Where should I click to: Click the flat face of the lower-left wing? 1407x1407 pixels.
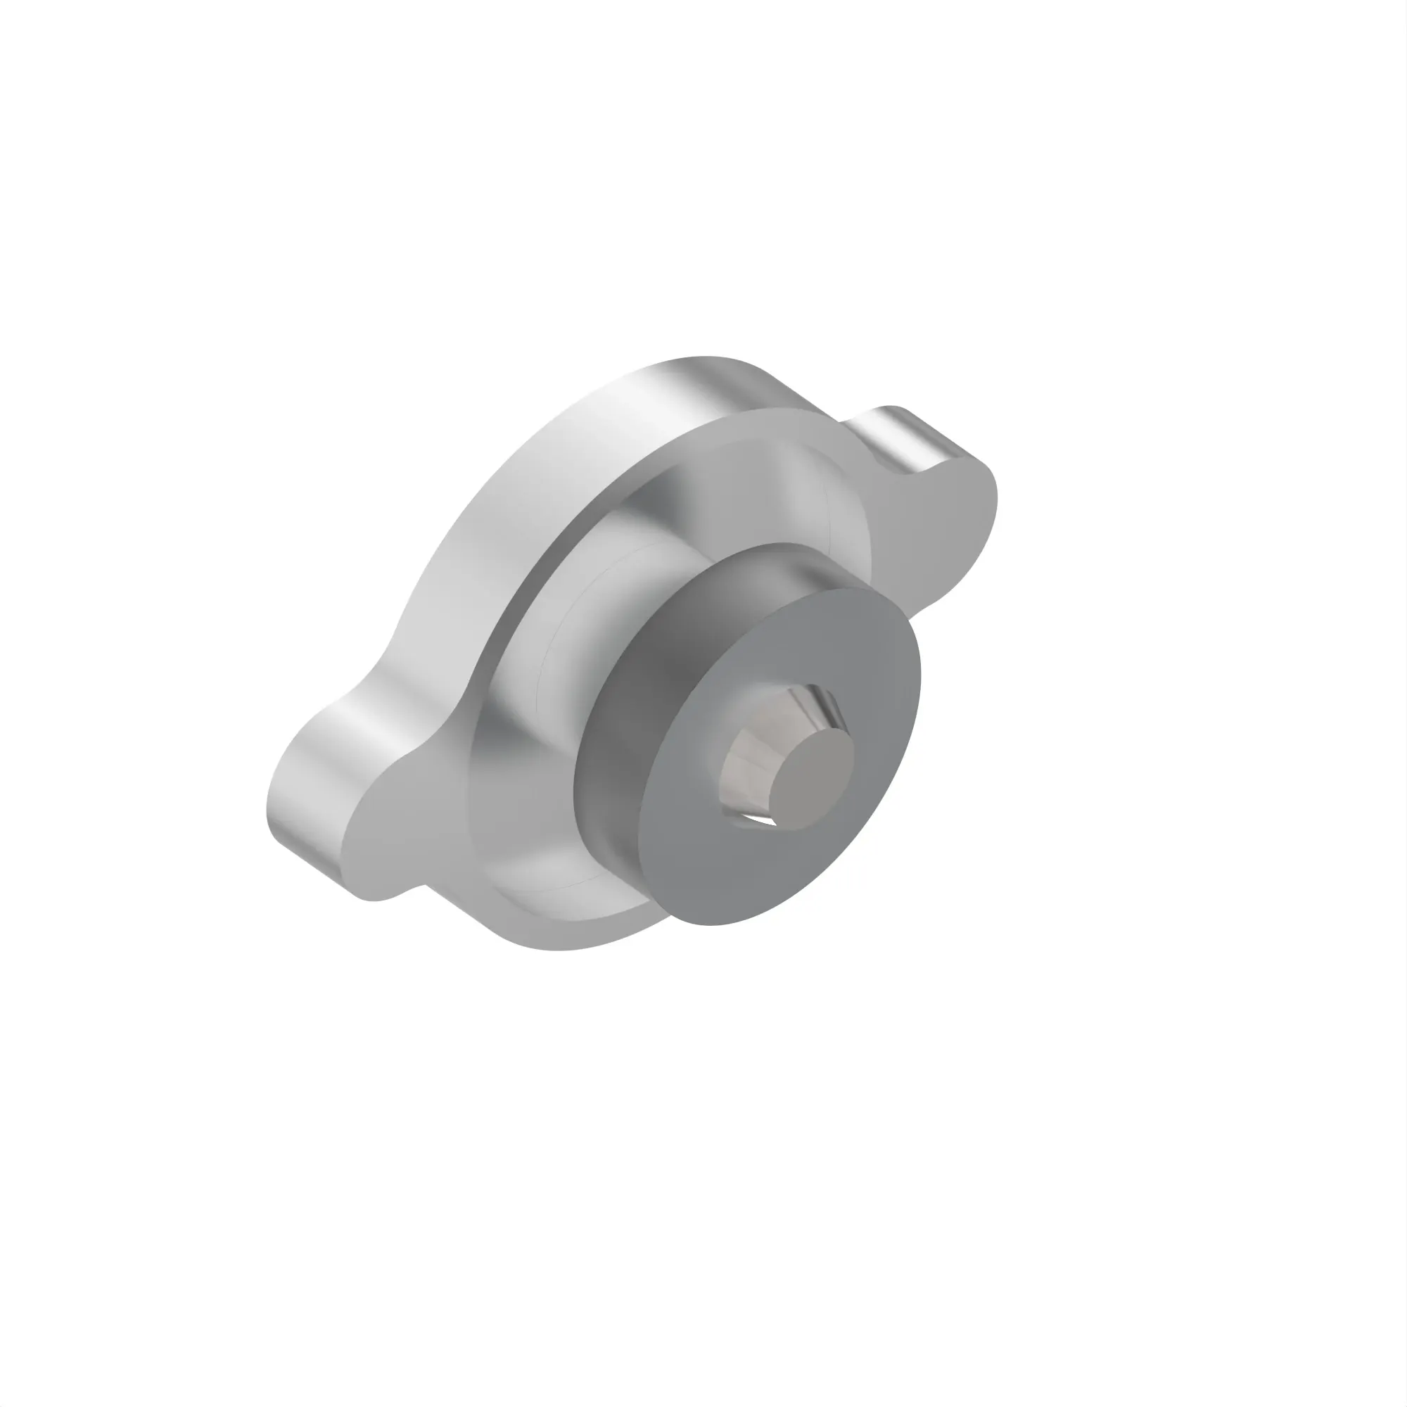click(393, 837)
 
